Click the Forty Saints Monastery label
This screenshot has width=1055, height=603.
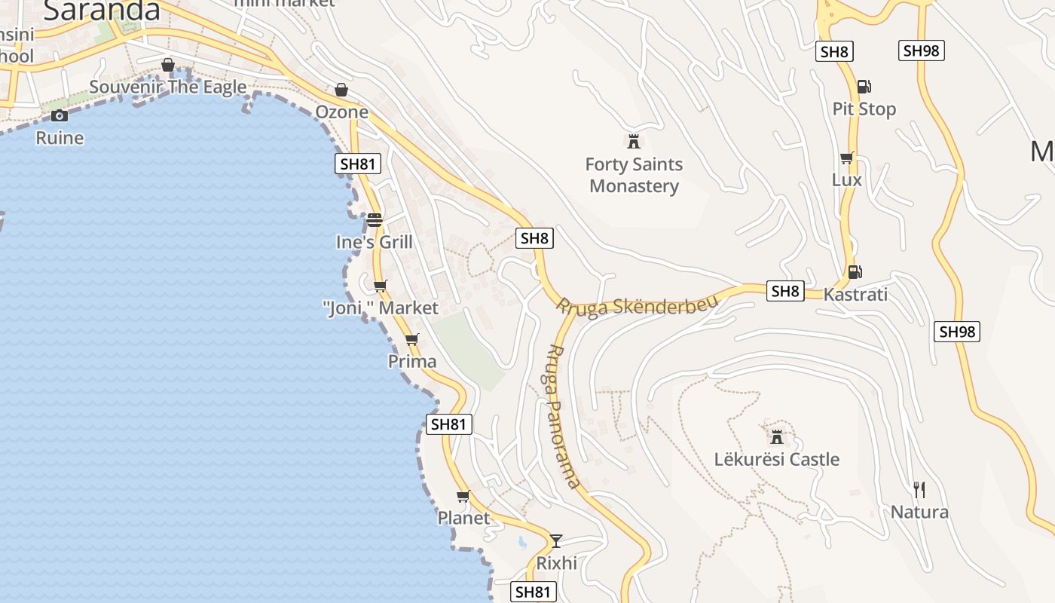click(x=634, y=175)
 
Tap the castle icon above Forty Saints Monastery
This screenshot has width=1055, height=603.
click(x=633, y=141)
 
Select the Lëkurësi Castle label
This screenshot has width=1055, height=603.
click(x=776, y=459)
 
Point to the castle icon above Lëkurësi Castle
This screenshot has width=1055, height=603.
click(x=776, y=436)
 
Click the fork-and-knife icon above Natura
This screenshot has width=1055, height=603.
click(x=919, y=490)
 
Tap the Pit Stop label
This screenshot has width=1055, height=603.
click(x=864, y=109)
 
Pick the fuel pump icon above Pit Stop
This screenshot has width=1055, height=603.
click(x=864, y=87)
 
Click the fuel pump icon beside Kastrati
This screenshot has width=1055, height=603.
click(x=855, y=272)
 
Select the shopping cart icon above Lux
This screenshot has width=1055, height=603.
click(x=846, y=158)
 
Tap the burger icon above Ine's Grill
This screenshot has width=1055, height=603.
click(x=375, y=220)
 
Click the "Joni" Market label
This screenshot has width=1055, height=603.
click(x=380, y=308)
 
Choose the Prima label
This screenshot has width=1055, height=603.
click(x=411, y=361)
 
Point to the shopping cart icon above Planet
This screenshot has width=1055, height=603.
click(x=463, y=496)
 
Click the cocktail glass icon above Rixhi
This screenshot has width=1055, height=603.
click(x=556, y=540)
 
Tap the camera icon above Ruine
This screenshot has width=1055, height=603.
click(x=60, y=115)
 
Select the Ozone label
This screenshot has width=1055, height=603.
click(x=341, y=112)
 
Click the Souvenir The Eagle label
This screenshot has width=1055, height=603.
click(x=167, y=87)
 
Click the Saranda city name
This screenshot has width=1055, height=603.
click(x=102, y=10)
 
